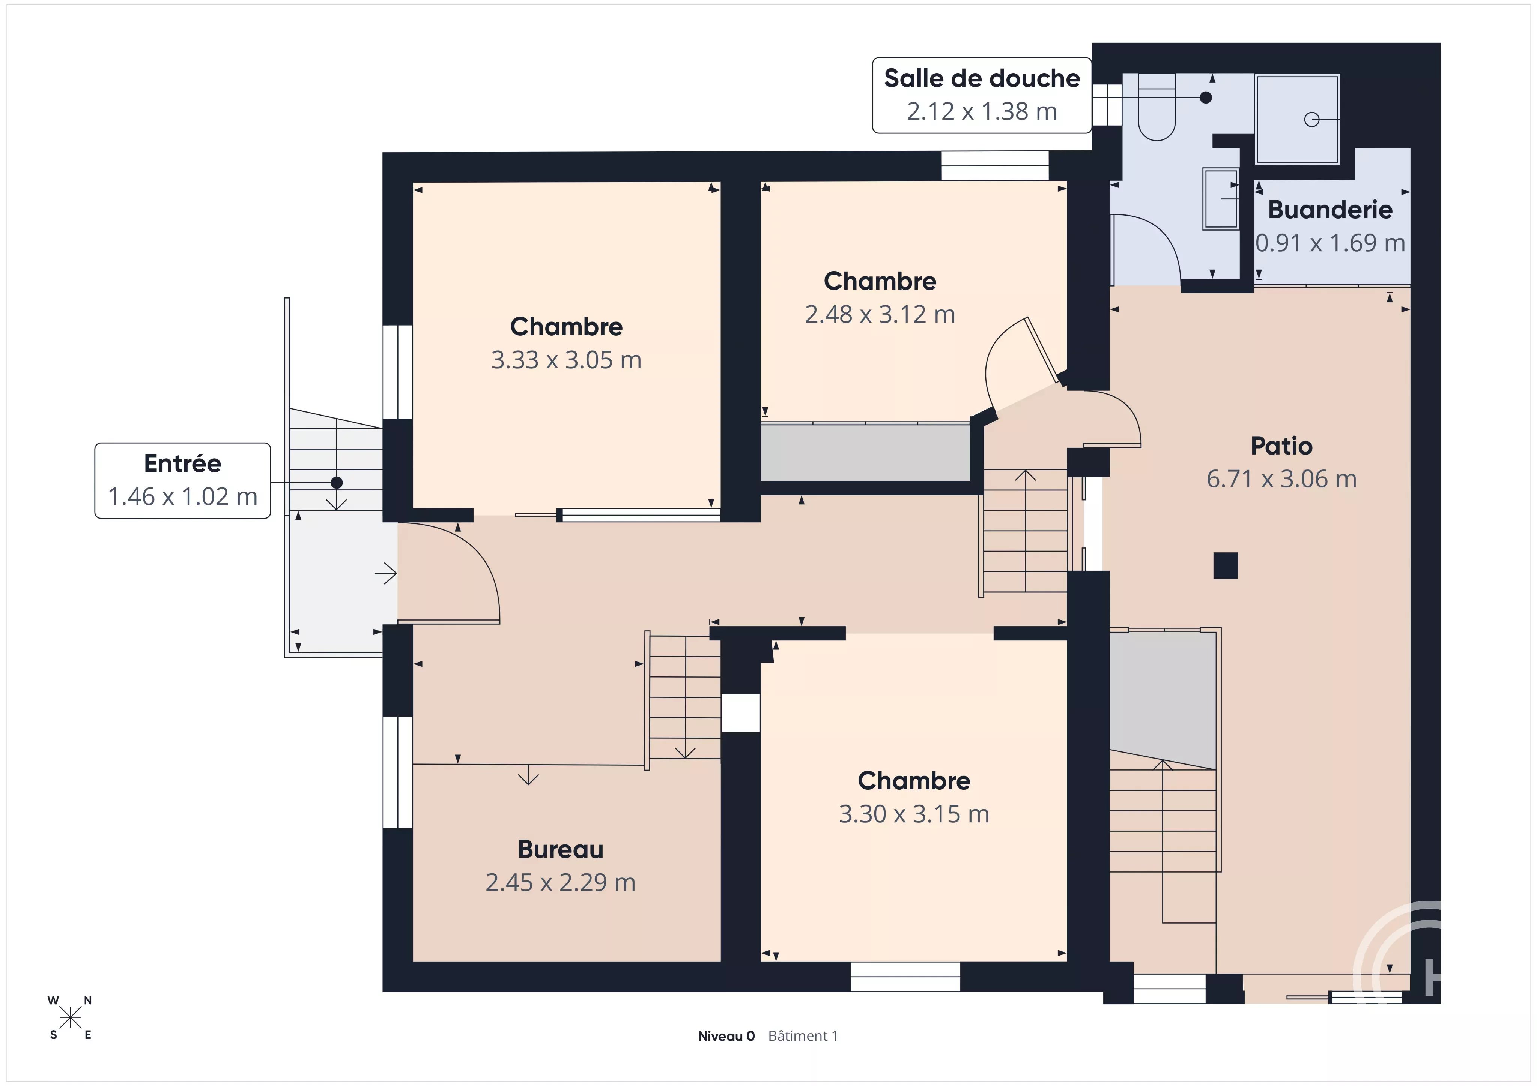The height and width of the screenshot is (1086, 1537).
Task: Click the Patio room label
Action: point(1281,445)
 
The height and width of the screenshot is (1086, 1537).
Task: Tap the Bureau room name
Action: point(560,849)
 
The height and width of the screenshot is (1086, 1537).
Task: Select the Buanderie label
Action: point(1330,210)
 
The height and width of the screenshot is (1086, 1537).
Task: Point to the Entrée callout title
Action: point(183,463)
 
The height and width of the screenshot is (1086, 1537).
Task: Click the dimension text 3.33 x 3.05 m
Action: point(566,360)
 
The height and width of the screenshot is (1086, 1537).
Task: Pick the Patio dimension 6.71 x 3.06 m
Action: point(1281,479)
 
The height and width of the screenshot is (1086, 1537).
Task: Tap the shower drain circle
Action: point(1311,120)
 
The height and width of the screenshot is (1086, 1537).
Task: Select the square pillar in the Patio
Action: point(1226,565)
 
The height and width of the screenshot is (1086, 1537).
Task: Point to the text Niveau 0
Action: point(726,1036)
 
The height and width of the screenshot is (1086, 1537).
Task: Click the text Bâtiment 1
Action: point(803,1036)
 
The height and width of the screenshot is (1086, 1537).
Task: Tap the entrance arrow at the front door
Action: point(386,573)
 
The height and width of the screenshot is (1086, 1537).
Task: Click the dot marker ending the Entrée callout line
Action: point(337,483)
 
